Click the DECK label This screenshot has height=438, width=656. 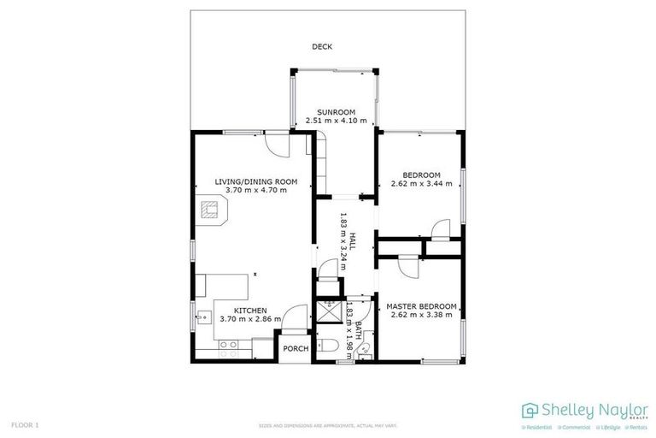321,47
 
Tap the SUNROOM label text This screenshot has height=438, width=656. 336,112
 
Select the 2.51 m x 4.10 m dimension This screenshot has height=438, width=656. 336,121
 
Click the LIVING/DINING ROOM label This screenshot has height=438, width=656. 255,181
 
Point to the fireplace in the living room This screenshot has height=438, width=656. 211,210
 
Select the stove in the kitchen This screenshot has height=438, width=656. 228,347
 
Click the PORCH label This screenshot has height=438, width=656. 296,348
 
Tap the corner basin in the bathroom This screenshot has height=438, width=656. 364,352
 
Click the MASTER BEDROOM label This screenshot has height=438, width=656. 421,306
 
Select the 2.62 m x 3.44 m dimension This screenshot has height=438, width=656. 421,183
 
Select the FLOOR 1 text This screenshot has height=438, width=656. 26,424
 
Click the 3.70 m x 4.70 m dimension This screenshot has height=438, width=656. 255,189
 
